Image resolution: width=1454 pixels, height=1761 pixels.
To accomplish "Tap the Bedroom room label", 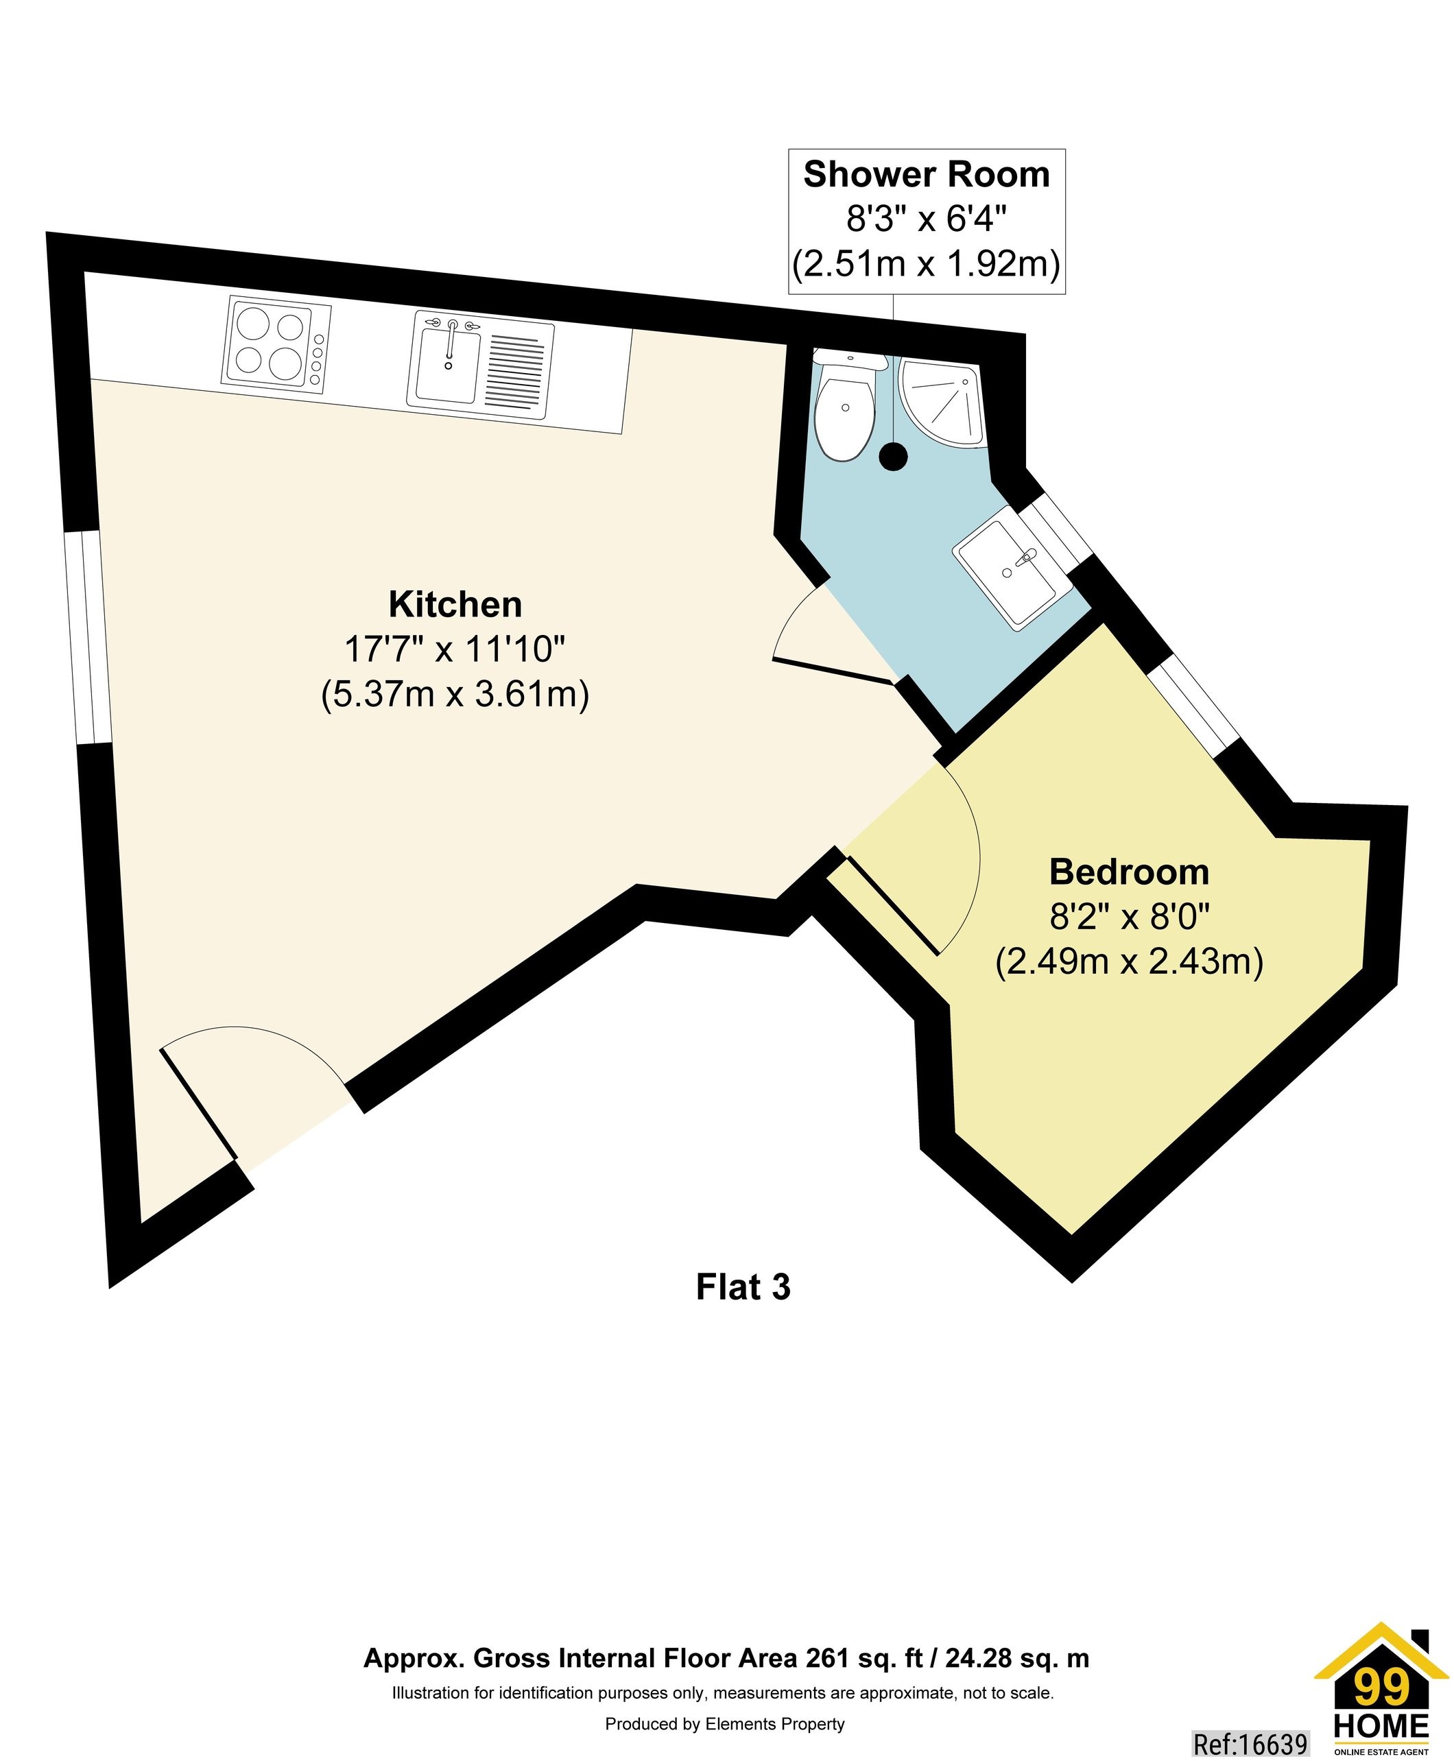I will pyautogui.click(x=1129, y=872).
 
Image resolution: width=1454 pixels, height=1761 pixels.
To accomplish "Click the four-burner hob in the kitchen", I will pyautogui.click(x=276, y=344).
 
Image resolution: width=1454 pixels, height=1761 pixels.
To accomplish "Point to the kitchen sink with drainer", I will pyautogui.click(x=480, y=370).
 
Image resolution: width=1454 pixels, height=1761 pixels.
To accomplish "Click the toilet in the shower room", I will pyautogui.click(x=846, y=411).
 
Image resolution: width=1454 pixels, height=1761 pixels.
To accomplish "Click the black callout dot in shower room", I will pyautogui.click(x=894, y=457).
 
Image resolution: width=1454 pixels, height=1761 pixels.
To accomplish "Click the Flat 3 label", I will pyautogui.click(x=743, y=1288).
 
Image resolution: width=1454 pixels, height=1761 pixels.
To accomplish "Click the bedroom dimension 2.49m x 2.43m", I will pyautogui.click(x=1129, y=961).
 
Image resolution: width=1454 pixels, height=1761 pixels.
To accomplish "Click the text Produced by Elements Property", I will pyautogui.click(x=724, y=1723).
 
